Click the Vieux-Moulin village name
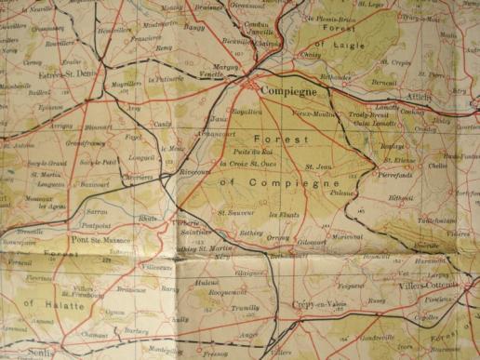tap(313, 113)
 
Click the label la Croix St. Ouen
tap(250, 164)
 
